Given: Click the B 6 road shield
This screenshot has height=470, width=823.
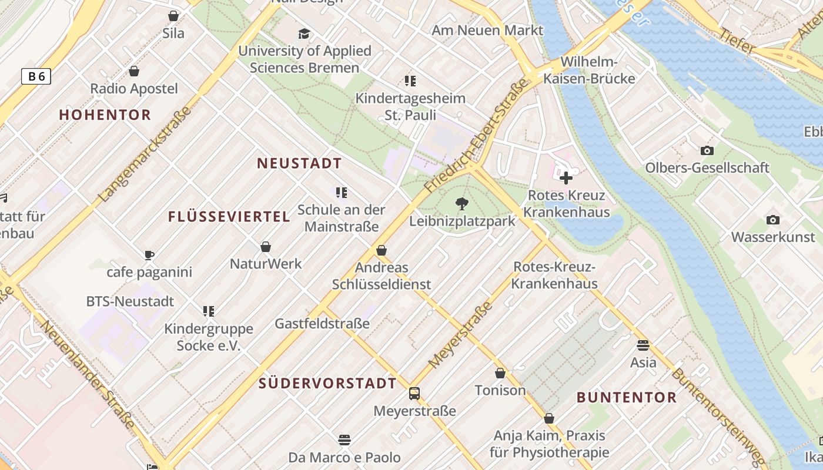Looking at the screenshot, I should click(36, 76).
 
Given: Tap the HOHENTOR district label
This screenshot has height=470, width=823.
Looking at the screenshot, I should click(105, 115).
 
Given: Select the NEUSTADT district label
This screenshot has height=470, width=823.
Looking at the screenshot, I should click(299, 163).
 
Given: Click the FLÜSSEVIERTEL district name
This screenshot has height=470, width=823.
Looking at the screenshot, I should click(229, 217).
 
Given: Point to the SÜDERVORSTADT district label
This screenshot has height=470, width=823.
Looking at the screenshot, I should click(328, 384).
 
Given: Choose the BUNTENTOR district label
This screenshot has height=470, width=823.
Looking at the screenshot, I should click(627, 397).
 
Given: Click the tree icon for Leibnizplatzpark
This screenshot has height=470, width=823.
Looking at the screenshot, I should click(462, 204).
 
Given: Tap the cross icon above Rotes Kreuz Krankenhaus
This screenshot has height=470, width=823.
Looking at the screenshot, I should click(566, 177).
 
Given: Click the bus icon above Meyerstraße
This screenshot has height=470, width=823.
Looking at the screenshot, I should click(414, 393).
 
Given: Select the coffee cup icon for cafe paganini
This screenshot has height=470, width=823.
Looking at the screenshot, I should click(149, 255).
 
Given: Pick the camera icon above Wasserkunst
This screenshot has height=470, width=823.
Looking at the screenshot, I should click(773, 220).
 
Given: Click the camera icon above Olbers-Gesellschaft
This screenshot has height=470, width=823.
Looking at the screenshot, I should click(707, 150).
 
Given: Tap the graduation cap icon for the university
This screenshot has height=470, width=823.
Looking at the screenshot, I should click(304, 33).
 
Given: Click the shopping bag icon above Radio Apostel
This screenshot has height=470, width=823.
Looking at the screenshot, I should click(134, 71).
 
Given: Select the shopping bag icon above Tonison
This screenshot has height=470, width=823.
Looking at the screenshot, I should click(500, 373).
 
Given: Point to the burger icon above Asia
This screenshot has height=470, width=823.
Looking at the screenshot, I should click(643, 345).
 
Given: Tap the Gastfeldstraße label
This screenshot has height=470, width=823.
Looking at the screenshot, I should click(322, 323).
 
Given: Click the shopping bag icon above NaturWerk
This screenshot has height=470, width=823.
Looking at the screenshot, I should click(266, 247).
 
